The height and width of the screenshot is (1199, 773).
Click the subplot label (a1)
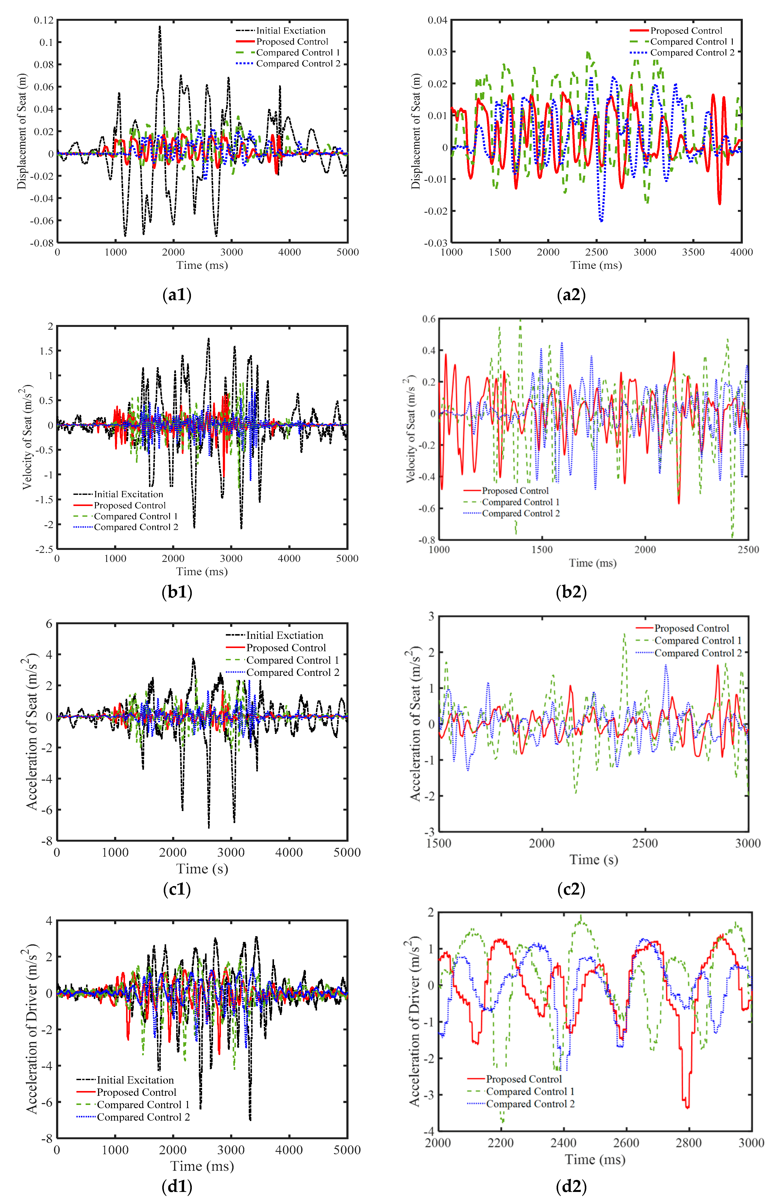pyautogui.click(x=177, y=295)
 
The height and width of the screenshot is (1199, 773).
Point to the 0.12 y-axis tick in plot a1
pyautogui.click(x=44, y=20)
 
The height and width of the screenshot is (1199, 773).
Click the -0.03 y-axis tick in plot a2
pyautogui.click(x=436, y=243)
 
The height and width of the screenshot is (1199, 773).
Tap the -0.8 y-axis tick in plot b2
pyautogui.click(x=428, y=540)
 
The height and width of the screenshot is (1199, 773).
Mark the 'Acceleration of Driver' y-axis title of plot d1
pyautogui.click(x=32, y=1030)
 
